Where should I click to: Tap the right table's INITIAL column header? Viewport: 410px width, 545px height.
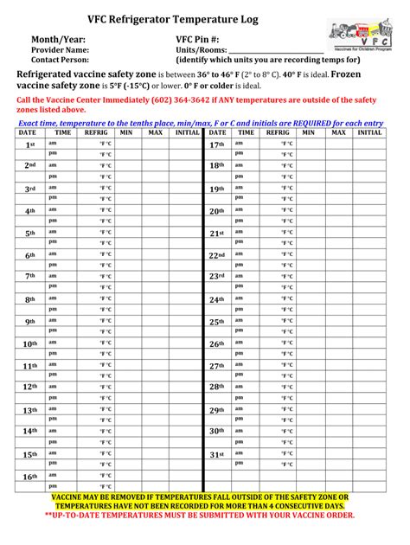tap(369, 133)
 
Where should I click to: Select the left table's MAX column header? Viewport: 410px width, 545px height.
tap(155, 133)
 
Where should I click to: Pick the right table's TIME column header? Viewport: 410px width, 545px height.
tap(246, 133)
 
